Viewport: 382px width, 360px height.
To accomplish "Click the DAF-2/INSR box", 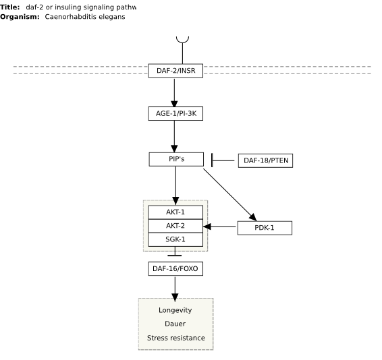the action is (175, 71).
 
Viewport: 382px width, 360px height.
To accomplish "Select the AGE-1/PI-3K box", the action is (175, 113).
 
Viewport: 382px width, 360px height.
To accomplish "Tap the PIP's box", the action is (176, 159).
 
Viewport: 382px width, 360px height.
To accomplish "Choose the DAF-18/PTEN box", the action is (265, 160).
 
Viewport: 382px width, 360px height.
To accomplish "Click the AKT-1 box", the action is (175, 212).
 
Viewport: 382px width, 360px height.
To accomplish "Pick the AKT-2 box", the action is (175, 226).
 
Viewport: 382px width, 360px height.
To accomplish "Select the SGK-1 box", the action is (175, 239).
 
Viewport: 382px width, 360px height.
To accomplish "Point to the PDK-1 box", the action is (265, 228).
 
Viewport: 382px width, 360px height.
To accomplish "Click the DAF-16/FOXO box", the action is (175, 269).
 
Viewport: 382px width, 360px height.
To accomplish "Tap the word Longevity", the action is (175, 310).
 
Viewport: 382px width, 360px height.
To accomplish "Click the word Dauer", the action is (175, 324).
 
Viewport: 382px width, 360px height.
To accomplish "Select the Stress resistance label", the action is (176, 338).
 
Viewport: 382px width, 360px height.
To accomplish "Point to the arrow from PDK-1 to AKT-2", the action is (219, 227).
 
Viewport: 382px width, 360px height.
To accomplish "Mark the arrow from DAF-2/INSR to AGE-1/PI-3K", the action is (174, 93).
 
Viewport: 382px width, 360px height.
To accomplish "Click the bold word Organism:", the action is (20, 17).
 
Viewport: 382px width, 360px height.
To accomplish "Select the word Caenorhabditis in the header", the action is (71, 17).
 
